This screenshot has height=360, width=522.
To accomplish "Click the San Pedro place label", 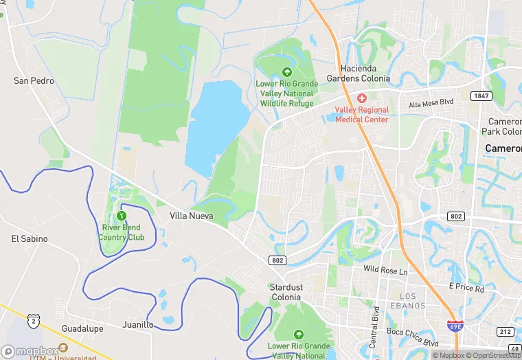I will (x=34, y=81).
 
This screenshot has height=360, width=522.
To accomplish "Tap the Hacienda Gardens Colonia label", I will (x=366, y=74).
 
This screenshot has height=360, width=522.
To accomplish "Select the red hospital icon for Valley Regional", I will (x=362, y=98).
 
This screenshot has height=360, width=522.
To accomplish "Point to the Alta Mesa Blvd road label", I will (x=431, y=103).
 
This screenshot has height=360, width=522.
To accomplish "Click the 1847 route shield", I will (x=481, y=96).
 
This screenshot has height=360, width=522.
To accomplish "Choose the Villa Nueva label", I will (x=191, y=216).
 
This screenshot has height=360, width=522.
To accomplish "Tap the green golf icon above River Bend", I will (x=122, y=216).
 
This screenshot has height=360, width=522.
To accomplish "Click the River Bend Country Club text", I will (x=122, y=233).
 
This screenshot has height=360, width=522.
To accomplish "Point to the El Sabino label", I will (x=30, y=239).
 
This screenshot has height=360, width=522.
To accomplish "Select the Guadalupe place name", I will (x=82, y=329).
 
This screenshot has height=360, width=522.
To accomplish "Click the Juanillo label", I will (x=138, y=324).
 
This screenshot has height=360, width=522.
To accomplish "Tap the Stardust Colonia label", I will (x=286, y=292).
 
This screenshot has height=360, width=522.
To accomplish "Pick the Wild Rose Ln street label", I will (x=385, y=270).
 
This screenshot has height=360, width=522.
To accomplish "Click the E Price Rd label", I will (x=466, y=287).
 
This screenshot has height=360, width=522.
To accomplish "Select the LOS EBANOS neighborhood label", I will (x=408, y=300).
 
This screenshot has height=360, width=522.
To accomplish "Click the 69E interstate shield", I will (x=454, y=326).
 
